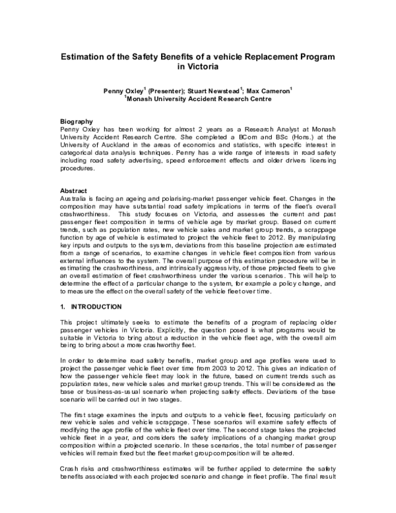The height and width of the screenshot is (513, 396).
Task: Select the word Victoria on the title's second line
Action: pos(203,67)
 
